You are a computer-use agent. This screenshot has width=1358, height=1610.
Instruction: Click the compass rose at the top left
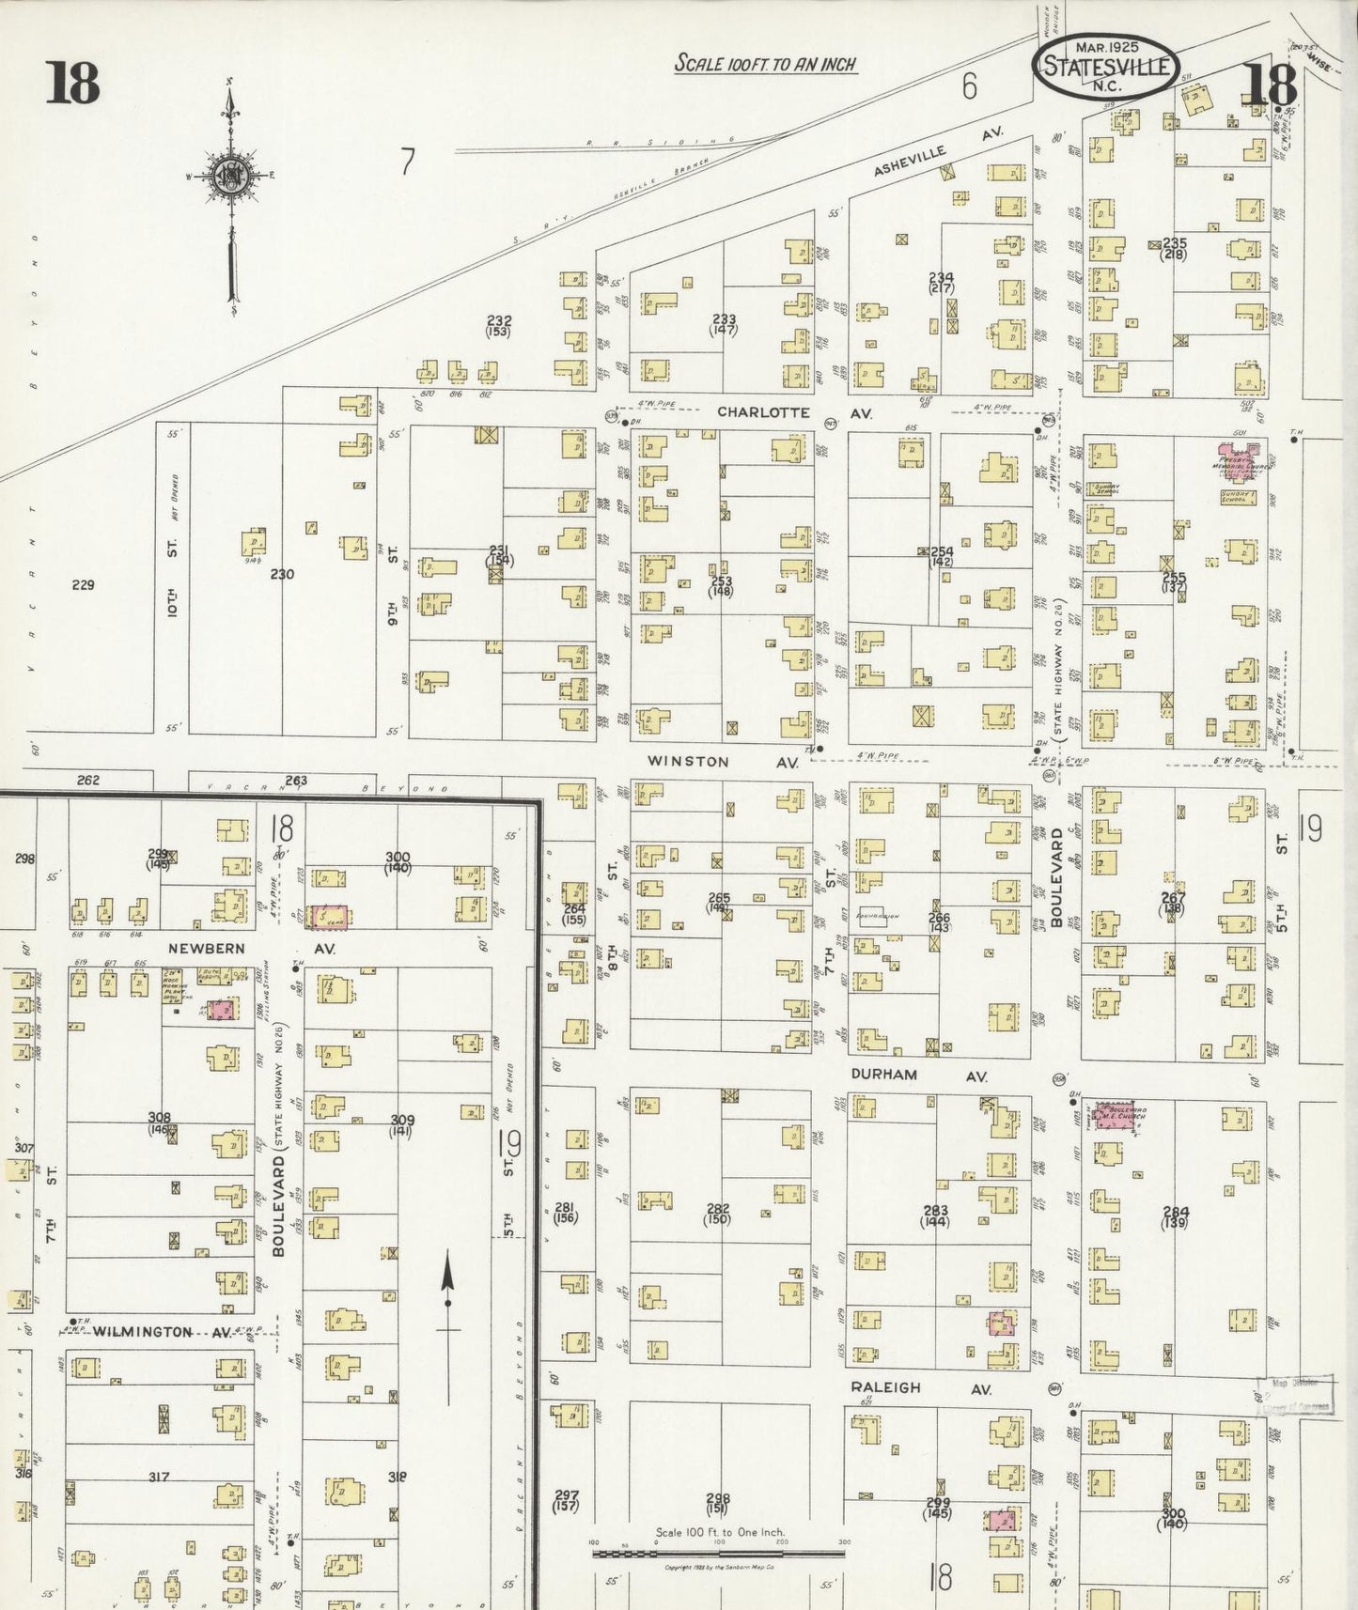[x=230, y=177]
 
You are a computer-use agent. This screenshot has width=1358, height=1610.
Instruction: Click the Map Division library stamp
[x=1296, y=1395]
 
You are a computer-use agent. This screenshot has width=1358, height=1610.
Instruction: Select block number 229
[x=84, y=584]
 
